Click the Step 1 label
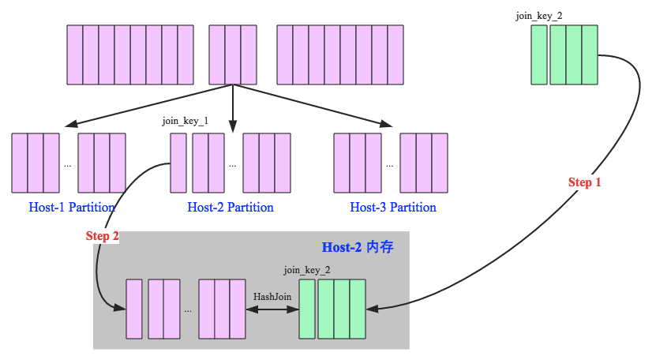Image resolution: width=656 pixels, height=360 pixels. pyautogui.click(x=584, y=182)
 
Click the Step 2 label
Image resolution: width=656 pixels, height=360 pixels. pyautogui.click(x=102, y=236)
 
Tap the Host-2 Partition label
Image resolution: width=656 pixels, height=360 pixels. pyautogui.click(x=231, y=208)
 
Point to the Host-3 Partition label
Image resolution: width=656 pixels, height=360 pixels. pyautogui.click(x=393, y=208)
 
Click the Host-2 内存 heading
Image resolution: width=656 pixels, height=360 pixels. pyautogui.click(x=358, y=247)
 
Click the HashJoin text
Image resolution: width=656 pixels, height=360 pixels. pyautogui.click(x=272, y=296)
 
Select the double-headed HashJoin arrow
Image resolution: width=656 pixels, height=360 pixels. pyautogui.click(x=272, y=309)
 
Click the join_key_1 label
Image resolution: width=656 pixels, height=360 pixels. pyautogui.click(x=185, y=121)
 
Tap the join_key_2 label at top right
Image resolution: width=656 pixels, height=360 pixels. pyautogui.click(x=539, y=14)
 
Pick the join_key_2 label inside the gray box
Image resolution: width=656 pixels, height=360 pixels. pyautogui.click(x=307, y=269)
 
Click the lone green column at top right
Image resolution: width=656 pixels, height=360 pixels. pyautogui.click(x=539, y=54)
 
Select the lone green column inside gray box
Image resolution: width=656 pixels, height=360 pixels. pyautogui.click(x=307, y=309)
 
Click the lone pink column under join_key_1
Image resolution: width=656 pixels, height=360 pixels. pyautogui.click(x=178, y=163)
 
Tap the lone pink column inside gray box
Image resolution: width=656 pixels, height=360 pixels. pyautogui.click(x=134, y=309)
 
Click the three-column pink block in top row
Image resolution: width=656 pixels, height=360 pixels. pyautogui.click(x=232, y=54)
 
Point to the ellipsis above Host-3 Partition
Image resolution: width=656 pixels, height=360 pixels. pyautogui.click(x=389, y=166)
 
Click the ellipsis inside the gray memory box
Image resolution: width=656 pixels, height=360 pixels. pyautogui.click(x=188, y=310)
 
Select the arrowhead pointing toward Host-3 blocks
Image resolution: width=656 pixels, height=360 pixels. pyautogui.click(x=387, y=125)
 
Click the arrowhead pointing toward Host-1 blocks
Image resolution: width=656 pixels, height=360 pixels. pyautogui.click(x=71, y=125)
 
